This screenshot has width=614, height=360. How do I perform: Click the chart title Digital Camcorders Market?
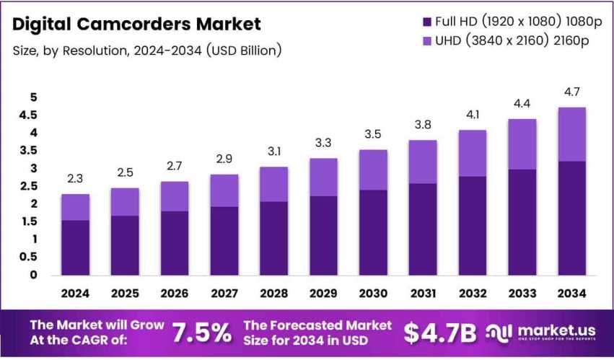(x=136, y=24)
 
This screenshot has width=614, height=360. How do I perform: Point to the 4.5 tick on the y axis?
(x=28, y=115)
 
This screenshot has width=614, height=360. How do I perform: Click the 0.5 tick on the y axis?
(x=28, y=257)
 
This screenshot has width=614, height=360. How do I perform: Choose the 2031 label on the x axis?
(x=423, y=294)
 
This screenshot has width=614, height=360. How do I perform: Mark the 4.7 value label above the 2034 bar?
(x=571, y=92)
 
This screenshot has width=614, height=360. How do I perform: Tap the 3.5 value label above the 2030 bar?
(x=373, y=134)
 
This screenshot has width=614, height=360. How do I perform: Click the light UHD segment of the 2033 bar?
(x=522, y=144)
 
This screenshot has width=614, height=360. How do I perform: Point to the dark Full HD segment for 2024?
(x=75, y=247)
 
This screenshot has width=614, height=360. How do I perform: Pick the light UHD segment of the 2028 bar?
(x=273, y=184)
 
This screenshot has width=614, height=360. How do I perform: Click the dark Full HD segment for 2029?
(x=323, y=235)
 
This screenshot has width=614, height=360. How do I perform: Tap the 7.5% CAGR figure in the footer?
(x=202, y=333)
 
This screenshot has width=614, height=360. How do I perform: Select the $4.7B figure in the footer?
(x=439, y=333)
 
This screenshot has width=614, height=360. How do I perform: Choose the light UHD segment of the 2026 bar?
(x=175, y=196)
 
